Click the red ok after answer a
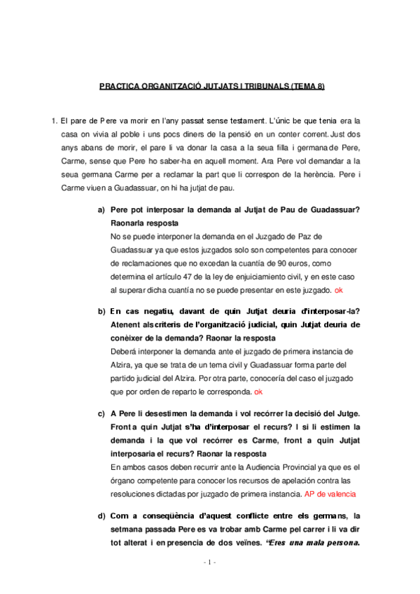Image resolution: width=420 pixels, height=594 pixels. tap(339, 290)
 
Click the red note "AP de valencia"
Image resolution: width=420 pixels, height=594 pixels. tap(330, 493)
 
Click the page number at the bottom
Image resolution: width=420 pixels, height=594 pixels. tap(209, 581)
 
